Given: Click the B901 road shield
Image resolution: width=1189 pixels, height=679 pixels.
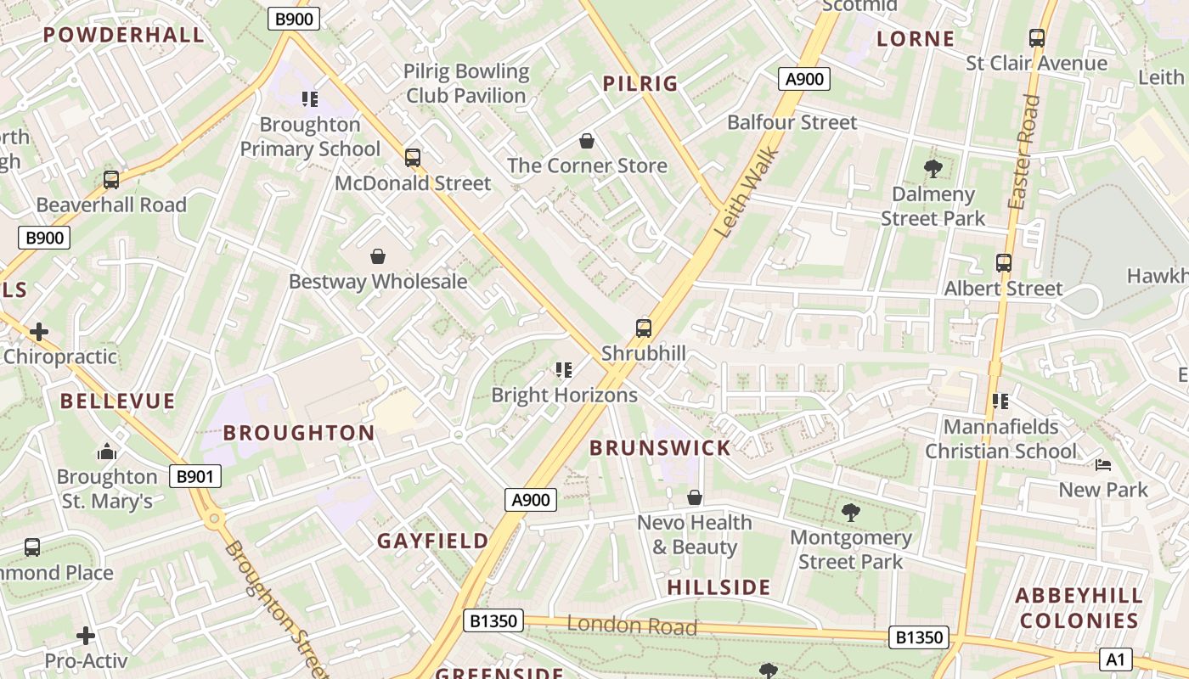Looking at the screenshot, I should (x=194, y=476).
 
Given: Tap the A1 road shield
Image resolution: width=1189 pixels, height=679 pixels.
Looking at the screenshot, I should (x=1115, y=659).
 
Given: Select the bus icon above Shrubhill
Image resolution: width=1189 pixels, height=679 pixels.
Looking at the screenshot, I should (x=644, y=328).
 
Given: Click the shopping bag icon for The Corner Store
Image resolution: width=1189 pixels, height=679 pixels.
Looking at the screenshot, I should (x=586, y=140).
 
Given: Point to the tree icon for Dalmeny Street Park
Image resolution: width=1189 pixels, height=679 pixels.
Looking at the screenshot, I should (x=933, y=169).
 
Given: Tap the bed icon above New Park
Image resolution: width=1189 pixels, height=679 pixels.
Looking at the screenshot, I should (x=1102, y=465).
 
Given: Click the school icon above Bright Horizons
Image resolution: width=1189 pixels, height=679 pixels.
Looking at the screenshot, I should (x=564, y=370).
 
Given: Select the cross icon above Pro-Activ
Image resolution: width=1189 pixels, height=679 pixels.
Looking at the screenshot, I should (x=86, y=635).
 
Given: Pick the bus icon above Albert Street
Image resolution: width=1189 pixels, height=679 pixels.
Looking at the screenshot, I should (x=1004, y=263).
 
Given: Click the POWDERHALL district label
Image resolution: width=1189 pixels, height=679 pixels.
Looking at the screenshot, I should (x=124, y=35).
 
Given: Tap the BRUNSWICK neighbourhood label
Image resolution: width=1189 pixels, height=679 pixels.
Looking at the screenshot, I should (x=660, y=448).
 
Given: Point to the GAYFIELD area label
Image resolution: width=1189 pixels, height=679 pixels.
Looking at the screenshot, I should (x=433, y=541).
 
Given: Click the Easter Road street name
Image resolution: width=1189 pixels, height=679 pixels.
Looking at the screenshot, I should (x=1023, y=153).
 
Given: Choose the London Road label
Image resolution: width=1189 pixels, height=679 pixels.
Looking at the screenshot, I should (x=632, y=626).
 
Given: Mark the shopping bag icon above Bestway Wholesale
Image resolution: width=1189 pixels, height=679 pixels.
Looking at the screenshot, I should (x=378, y=256).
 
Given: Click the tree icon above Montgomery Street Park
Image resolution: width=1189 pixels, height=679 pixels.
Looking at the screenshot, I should (x=850, y=513).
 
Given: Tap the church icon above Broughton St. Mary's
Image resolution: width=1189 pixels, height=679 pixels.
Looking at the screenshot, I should (x=107, y=451).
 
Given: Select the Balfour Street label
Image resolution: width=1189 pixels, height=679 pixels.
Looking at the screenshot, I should (x=792, y=122).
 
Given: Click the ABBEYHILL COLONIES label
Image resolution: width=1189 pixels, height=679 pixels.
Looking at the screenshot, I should (x=1078, y=608).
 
